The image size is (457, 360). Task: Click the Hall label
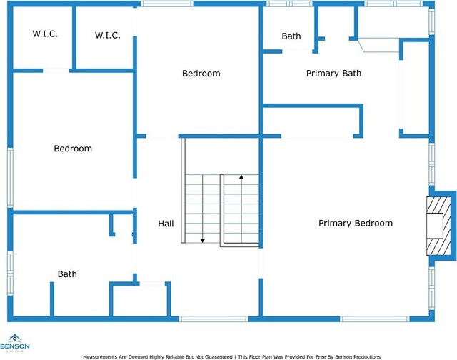coord(166,224)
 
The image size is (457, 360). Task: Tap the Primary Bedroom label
coord(356,224)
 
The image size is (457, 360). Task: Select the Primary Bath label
coord(333,73)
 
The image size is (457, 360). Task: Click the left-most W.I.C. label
coord(45,34)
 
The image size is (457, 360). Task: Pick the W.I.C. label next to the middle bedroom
coord(108,35)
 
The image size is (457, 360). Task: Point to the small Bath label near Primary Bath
coord(291,36)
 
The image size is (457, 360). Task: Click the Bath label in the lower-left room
coord(67,274)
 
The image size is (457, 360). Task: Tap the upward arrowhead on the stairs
coord(241,176)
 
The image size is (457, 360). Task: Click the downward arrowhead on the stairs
coord(203,241)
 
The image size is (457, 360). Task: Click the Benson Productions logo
coord(15,344)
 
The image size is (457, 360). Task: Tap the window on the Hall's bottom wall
coord(214,319)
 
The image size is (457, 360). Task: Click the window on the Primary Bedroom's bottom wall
coord(375,319)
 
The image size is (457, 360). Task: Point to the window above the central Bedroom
coord(167,4)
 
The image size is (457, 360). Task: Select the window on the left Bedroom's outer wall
coord(10,178)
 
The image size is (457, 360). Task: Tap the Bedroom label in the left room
coord(73,149)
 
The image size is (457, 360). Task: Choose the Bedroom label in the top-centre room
coord(201,73)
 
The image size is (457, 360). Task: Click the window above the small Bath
coord(289,4)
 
